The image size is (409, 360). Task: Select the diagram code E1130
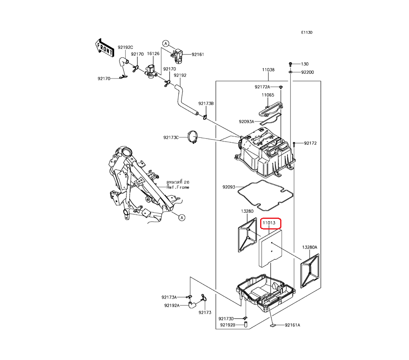click(307, 32)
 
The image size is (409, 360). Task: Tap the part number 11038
click(268, 70)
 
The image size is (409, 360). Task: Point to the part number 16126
click(153, 54)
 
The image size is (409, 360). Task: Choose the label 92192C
click(126, 47)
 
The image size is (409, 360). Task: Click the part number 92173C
click(171, 137)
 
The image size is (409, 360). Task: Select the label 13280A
click(310, 247)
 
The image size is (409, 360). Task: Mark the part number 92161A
click(292, 325)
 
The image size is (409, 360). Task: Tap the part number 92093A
click(247, 122)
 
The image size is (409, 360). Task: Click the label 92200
click(308, 72)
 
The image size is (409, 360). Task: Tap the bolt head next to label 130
click(290, 64)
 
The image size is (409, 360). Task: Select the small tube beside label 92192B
click(246, 325)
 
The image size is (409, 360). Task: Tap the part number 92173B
click(206, 104)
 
